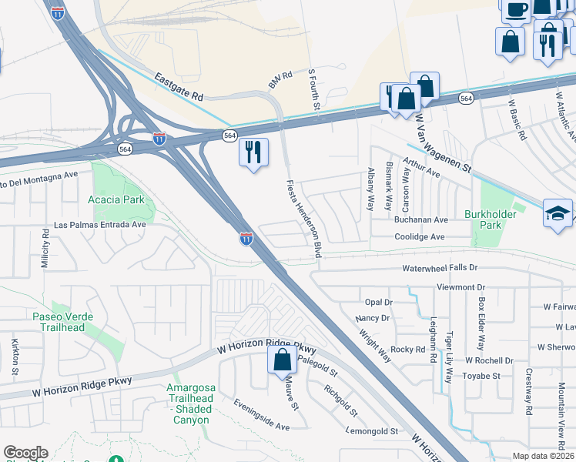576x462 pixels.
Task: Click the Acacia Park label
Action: click(x=118, y=199)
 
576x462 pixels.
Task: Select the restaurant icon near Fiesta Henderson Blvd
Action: click(x=253, y=153)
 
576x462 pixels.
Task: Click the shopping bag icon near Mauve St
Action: click(x=282, y=359)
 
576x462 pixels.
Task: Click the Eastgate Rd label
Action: click(x=177, y=87)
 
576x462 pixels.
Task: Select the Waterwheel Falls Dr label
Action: click(x=440, y=268)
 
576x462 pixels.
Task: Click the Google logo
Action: click(x=25, y=454)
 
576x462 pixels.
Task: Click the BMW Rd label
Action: click(x=280, y=77)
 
